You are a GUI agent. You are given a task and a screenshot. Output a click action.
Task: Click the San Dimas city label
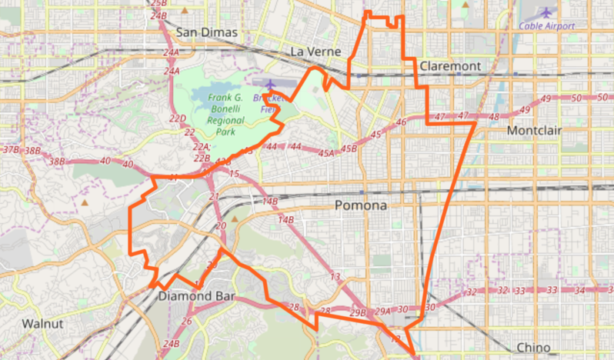[207, 32]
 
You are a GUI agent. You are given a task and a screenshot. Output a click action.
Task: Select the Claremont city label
[450, 66]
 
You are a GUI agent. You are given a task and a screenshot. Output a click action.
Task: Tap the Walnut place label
[42, 323]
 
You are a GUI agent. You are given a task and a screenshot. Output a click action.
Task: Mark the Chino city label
[533, 347]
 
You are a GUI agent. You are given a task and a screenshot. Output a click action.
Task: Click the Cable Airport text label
[546, 25]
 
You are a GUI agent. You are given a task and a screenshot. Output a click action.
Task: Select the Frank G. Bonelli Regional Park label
[225, 114]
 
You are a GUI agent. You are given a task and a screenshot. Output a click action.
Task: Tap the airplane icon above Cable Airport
[546, 12]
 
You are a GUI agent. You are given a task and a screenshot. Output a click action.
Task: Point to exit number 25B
[159, 4]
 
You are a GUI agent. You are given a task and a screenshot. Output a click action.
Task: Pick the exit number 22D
[178, 118]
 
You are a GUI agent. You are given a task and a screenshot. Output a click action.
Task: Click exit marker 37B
[11, 149]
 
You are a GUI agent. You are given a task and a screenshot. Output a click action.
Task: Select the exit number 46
[400, 123]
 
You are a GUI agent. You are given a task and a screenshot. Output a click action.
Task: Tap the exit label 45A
[326, 154]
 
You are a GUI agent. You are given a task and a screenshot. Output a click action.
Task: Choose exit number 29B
[357, 313]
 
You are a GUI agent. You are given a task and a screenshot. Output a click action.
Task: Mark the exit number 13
[335, 277]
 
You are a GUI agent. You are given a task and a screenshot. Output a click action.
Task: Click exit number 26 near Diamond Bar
[187, 321]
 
